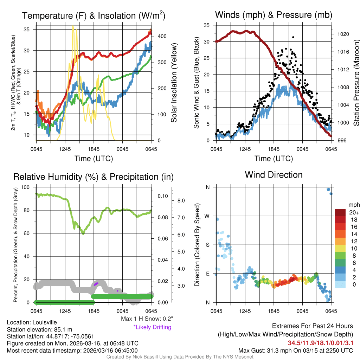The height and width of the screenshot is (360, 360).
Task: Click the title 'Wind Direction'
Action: pyautogui.click(x=274, y=175)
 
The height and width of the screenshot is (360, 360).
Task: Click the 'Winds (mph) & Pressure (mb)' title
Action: pyautogui.click(x=274, y=15)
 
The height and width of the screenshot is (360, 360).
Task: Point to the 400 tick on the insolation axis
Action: pyautogui.click(x=162, y=36)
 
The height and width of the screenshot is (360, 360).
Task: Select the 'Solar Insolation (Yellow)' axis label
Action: pyautogui.click(x=174, y=83)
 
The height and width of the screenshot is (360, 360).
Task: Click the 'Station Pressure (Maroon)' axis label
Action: pyautogui.click(x=355, y=83)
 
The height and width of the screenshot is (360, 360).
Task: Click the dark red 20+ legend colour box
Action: pyautogui.click(x=341, y=212)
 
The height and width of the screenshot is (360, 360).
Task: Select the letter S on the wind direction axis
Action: pyautogui.click(x=208, y=245)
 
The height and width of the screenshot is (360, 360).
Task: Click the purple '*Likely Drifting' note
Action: pyautogui.click(x=152, y=327)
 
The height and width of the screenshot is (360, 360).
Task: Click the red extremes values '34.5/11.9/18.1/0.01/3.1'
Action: pyautogui.click(x=321, y=342)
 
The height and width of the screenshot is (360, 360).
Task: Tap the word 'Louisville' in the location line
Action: pyautogui.click(x=44, y=322)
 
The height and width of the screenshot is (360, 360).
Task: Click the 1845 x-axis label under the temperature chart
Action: pyautogui.click(x=94, y=149)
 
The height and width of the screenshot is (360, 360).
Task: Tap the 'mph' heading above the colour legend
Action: pyautogui.click(x=353, y=205)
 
